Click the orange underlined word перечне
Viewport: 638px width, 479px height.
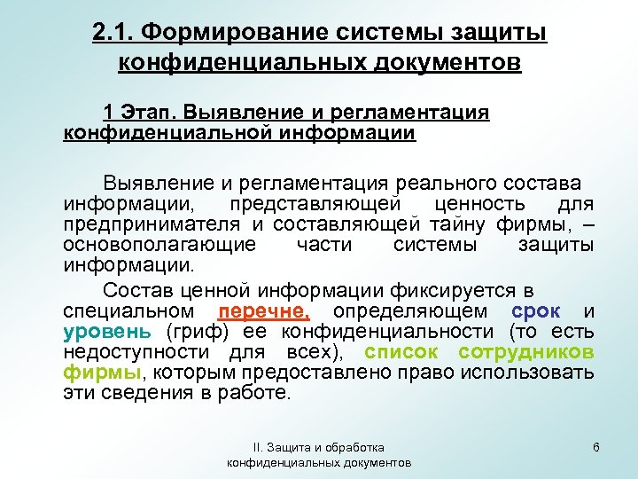(x=263, y=311)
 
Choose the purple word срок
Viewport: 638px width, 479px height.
(x=536, y=311)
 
